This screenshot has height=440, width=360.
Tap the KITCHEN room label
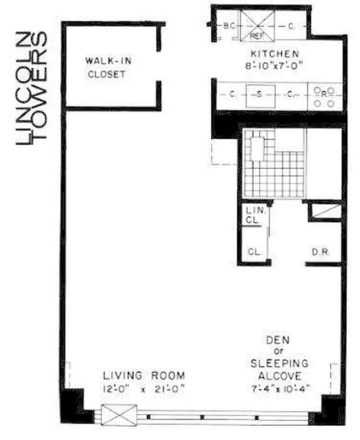[275, 54]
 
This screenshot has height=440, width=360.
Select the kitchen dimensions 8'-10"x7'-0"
[275, 64]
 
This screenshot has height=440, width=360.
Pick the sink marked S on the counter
[259, 94]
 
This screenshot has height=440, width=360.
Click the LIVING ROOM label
[144, 376]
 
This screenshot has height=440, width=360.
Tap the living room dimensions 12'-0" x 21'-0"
[144, 388]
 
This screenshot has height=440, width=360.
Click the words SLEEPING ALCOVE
[279, 370]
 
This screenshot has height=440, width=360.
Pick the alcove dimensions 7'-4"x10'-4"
[279, 388]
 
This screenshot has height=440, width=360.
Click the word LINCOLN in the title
[25, 88]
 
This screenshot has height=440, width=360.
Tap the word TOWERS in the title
[40, 88]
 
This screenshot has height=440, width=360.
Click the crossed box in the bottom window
[119, 414]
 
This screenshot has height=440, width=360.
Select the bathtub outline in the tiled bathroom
[258, 147]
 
